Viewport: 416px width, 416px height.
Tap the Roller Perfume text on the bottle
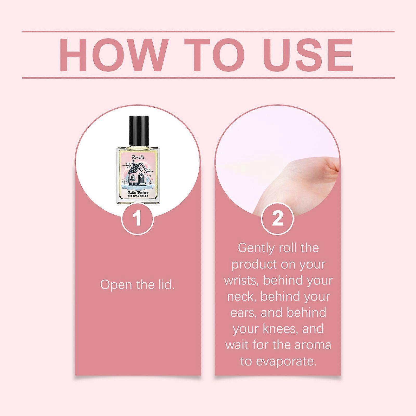138,192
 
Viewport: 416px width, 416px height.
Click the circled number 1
138,218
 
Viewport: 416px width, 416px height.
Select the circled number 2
277,218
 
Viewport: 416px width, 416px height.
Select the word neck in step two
242,297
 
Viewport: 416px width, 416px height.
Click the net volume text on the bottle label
138,197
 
